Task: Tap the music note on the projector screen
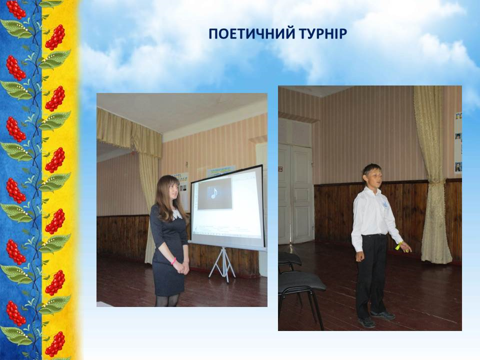214,193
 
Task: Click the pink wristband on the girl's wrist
174,261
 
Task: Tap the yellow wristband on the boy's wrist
398,246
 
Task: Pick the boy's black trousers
371,275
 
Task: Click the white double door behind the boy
296,193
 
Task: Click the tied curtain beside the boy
431,174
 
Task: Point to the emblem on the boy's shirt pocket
385,205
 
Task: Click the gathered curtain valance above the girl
129,131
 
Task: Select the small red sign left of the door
280,168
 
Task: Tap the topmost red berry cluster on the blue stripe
16,8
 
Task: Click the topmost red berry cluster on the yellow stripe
55,37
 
